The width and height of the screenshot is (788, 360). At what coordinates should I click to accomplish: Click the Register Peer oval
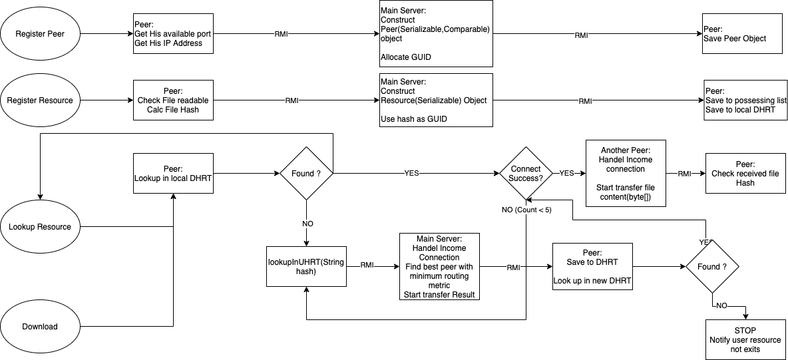[x=40, y=33]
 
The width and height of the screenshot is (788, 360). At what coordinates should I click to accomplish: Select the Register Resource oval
[x=40, y=100]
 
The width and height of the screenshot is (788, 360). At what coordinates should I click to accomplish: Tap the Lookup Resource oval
[x=40, y=227]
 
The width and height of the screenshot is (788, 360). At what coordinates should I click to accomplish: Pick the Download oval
[x=40, y=327]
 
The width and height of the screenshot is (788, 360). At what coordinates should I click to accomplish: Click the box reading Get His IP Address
[x=173, y=33]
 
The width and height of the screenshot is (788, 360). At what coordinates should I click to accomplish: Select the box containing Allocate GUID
[x=436, y=33]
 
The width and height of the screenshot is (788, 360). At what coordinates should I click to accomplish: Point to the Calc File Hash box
[x=173, y=100]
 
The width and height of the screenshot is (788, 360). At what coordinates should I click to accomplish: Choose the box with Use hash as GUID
[x=436, y=100]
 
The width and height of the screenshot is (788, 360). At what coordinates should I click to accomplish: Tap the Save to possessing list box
[x=745, y=100]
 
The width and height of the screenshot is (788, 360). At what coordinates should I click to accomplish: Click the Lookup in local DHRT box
[x=173, y=174]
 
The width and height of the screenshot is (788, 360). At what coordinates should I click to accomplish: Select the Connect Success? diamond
[x=526, y=174]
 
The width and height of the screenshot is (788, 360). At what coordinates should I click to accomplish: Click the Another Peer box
[x=626, y=174]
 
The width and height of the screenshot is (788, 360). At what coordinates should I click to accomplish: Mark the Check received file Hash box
[x=745, y=174]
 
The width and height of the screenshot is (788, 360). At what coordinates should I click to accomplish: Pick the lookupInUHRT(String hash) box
[x=306, y=266]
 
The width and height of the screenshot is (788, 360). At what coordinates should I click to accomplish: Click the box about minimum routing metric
[x=439, y=266]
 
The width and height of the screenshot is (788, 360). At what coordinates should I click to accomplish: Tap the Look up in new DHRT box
[x=592, y=266]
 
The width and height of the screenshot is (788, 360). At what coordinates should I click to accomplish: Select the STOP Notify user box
[x=745, y=339]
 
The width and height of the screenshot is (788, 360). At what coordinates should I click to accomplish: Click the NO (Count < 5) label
[x=526, y=210]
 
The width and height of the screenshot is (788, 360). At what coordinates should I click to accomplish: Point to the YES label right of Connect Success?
[x=566, y=174]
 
